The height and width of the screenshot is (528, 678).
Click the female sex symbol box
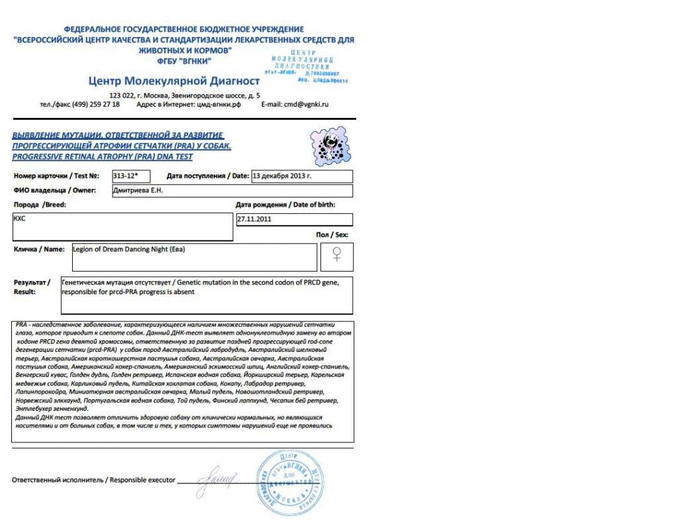[336, 256]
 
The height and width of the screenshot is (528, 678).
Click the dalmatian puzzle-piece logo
[330, 146]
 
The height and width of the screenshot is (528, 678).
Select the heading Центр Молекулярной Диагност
[173, 81]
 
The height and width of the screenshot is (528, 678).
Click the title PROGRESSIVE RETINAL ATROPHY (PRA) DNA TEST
[103, 157]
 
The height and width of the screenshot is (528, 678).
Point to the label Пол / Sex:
[332, 235]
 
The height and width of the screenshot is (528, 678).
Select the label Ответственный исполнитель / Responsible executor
[93, 480]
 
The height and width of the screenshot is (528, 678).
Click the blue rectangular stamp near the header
[305, 66]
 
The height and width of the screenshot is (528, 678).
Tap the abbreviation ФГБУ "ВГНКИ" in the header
[184, 60]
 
